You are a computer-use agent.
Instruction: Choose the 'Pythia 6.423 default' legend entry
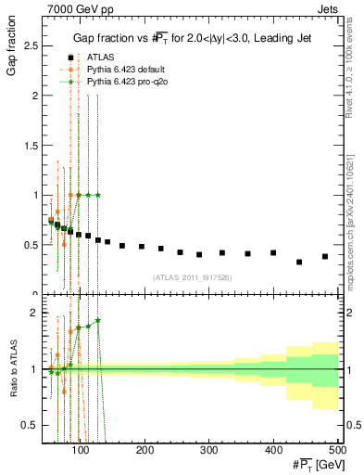tap(120, 69)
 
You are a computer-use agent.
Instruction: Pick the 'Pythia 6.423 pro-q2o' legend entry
tap(121, 81)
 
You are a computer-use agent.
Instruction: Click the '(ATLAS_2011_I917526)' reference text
tap(192, 277)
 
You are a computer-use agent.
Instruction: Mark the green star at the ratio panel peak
tap(98, 320)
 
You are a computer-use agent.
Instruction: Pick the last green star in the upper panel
tap(98, 195)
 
